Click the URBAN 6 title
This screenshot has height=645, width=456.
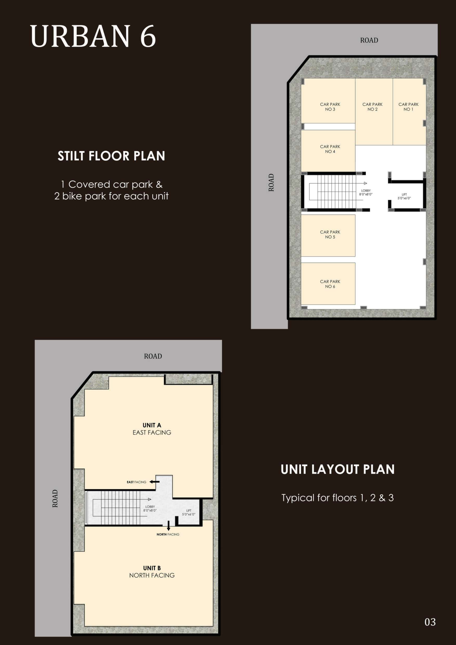(x=93, y=36)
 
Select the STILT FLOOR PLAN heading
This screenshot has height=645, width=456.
(x=111, y=156)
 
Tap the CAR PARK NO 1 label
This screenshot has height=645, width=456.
(x=408, y=107)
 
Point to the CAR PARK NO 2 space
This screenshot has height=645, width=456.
(x=374, y=112)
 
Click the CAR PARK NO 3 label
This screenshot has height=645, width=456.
(x=330, y=107)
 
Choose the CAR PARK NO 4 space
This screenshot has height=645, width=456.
(x=328, y=151)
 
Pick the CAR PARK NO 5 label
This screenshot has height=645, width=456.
(x=330, y=234)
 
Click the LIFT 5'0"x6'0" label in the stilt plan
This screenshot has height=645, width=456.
(x=404, y=196)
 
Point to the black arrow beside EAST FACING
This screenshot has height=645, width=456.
(x=154, y=482)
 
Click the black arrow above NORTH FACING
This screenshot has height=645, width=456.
(x=169, y=526)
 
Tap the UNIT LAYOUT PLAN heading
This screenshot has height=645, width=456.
(x=338, y=470)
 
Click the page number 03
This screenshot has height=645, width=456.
(x=430, y=622)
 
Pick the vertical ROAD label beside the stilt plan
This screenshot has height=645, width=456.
(x=271, y=183)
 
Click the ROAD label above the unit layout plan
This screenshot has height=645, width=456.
(x=153, y=356)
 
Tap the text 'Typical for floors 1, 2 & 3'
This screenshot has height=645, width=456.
(x=338, y=498)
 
